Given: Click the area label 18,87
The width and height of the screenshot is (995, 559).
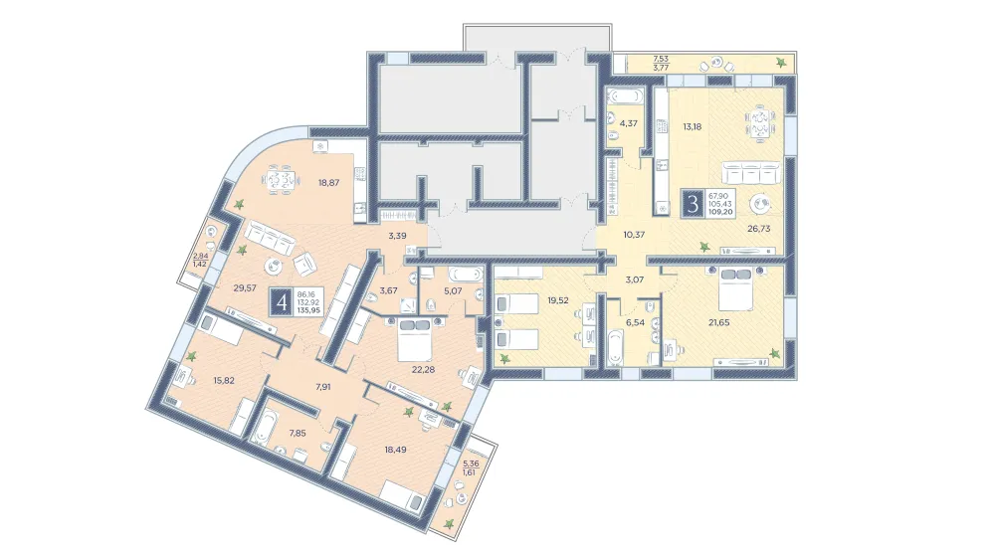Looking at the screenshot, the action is pos(328,183).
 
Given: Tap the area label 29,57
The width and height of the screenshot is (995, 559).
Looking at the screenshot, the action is pos(245,287).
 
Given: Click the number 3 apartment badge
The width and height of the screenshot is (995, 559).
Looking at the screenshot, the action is pos(693,204).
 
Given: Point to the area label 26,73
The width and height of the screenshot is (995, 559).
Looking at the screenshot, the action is pos(758,229).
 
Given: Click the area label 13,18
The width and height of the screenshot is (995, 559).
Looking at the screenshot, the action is pos(693,126).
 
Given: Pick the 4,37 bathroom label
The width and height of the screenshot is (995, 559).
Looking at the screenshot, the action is pos(628,123).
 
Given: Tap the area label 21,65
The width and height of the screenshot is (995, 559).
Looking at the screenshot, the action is pos(718,322).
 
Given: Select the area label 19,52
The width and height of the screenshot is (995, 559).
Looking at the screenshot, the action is pos(558,300).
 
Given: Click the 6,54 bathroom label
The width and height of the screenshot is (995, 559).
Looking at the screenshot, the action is pos(635,323).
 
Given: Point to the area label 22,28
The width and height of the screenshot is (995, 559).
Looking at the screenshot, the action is pos(423,369).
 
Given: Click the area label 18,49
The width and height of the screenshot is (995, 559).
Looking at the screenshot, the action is pos(395,450).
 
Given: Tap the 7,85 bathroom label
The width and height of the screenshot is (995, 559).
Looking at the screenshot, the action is pos(298,434).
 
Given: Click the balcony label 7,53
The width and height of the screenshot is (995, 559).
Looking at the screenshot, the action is pos(661,59).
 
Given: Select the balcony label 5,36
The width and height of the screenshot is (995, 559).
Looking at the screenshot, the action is pos(471,464).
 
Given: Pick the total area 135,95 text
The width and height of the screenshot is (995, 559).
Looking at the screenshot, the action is pos(309,311).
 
